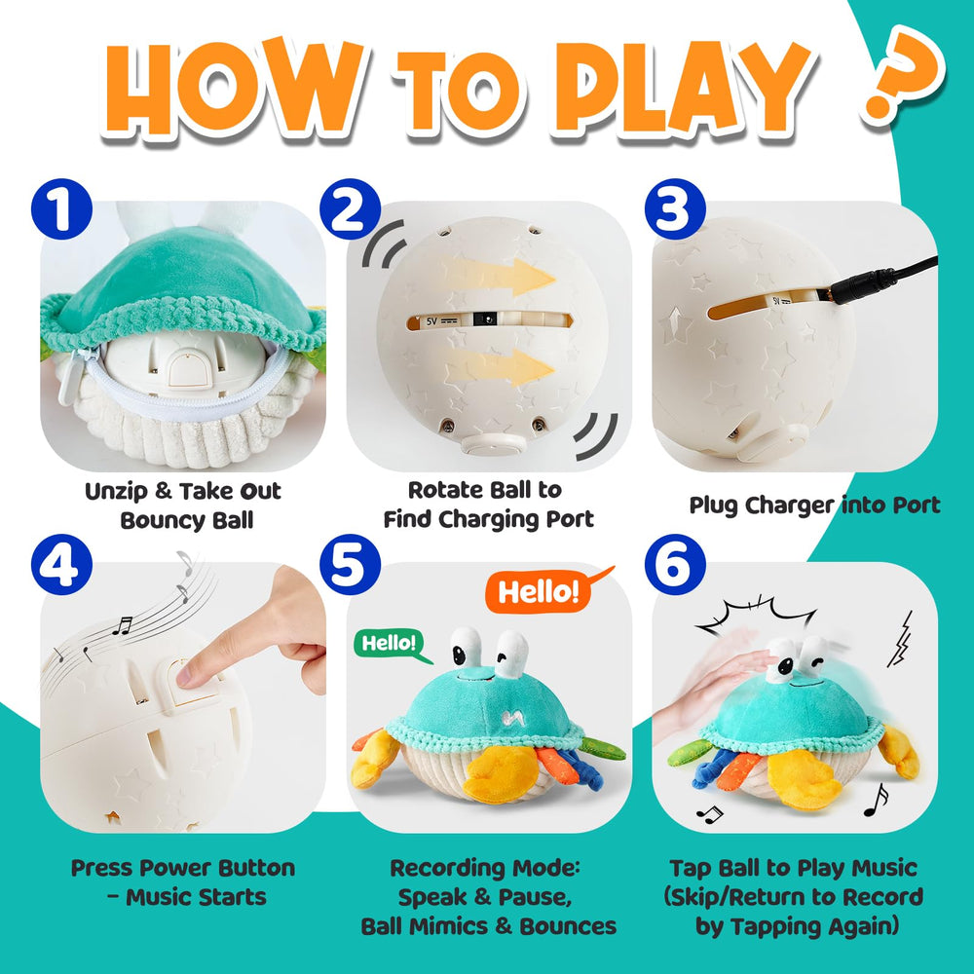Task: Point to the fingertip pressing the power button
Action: [x=194, y=670]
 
